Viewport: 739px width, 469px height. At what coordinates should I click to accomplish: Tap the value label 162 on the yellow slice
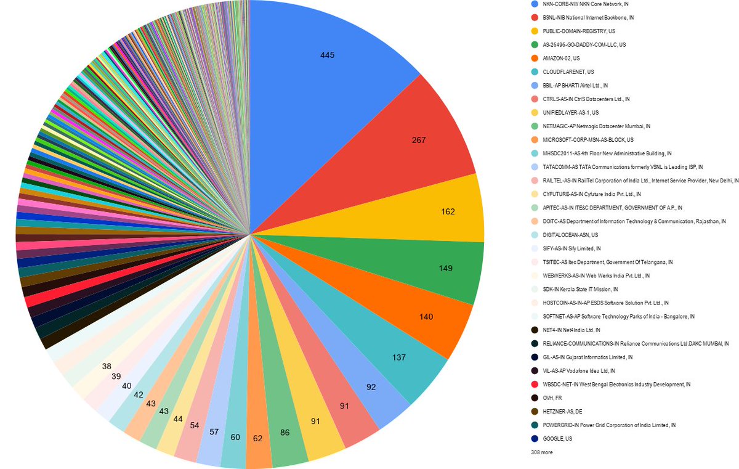(448, 211)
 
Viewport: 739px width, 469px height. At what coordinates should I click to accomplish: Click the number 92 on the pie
(371, 388)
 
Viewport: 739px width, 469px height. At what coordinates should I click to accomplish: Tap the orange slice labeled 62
(257, 438)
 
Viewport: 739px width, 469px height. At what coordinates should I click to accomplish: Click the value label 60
(235, 437)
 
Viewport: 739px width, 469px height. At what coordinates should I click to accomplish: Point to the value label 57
(214, 432)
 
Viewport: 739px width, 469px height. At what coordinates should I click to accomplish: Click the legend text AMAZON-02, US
(560, 58)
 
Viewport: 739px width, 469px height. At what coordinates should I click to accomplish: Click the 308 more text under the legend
(541, 452)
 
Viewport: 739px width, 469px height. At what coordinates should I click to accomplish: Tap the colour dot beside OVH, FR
(535, 398)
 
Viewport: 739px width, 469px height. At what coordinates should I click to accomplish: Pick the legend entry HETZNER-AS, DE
(562, 412)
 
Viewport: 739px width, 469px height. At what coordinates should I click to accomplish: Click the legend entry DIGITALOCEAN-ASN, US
(570, 235)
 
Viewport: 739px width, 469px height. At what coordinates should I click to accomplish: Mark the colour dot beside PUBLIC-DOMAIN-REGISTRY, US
(535, 31)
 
